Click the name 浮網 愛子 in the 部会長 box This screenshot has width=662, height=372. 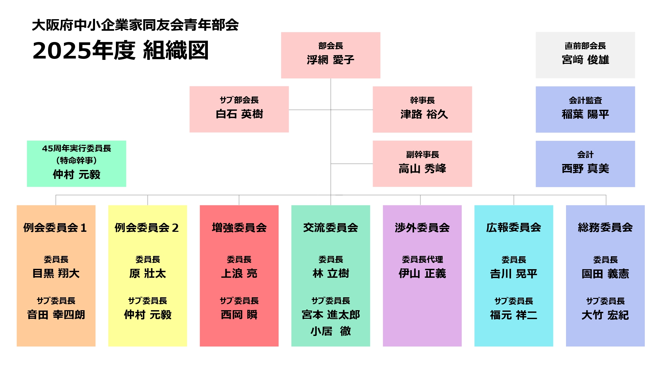330,60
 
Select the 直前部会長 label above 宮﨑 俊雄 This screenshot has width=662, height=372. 585,46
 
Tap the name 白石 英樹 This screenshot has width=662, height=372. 239,114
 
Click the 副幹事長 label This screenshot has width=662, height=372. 422,154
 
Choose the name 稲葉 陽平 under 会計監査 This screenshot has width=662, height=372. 585,114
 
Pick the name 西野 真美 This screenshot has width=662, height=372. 585,169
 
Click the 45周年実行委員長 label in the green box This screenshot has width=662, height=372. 76,148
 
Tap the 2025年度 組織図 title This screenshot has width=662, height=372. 120,51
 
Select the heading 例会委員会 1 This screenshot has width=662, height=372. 55,227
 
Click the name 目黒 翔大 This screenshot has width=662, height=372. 56,273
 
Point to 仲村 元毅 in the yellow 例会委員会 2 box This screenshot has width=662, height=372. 148,315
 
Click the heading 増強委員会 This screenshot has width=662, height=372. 239,227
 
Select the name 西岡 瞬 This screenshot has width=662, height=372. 239,315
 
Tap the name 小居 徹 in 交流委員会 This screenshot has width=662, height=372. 330,331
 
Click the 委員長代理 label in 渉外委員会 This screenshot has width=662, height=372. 422,260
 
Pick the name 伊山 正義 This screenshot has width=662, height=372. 422,273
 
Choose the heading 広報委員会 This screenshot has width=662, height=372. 513,227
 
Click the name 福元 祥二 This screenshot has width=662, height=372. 513,315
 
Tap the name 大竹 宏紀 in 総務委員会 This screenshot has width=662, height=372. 605,315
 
